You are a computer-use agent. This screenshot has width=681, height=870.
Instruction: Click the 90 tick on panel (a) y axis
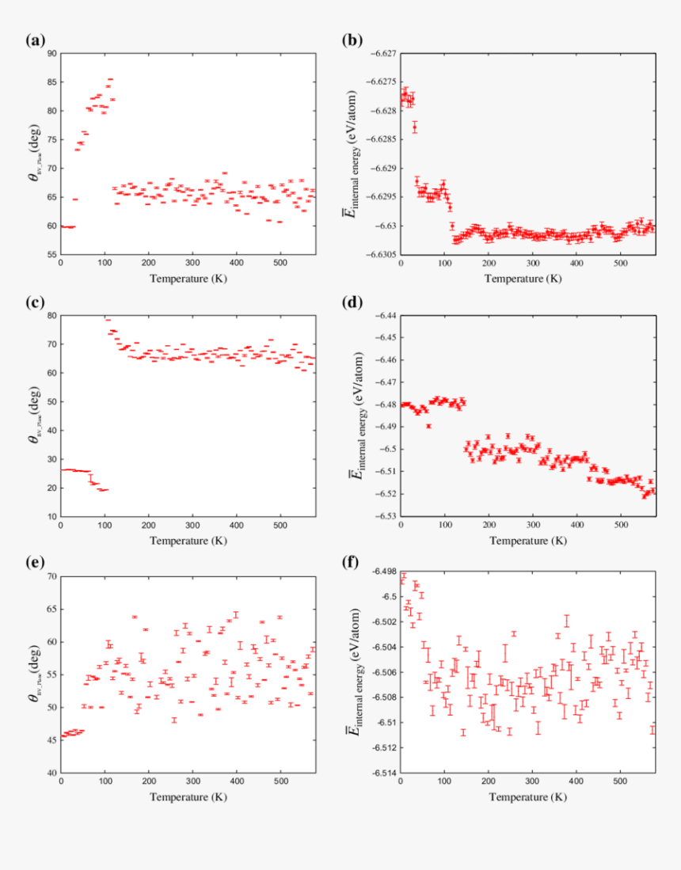pyautogui.click(x=51, y=53)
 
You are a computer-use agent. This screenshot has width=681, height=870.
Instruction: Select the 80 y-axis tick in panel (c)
pyautogui.click(x=51, y=315)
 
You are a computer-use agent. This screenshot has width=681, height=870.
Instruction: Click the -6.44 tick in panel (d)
pyautogui.click(x=386, y=315)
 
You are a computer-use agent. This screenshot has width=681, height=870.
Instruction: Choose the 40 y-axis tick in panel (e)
pyautogui.click(x=51, y=773)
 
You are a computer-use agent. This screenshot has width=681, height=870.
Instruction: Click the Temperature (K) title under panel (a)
pyautogui.click(x=192, y=279)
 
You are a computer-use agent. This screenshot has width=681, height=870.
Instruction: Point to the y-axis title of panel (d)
pyautogui.click(x=358, y=416)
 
